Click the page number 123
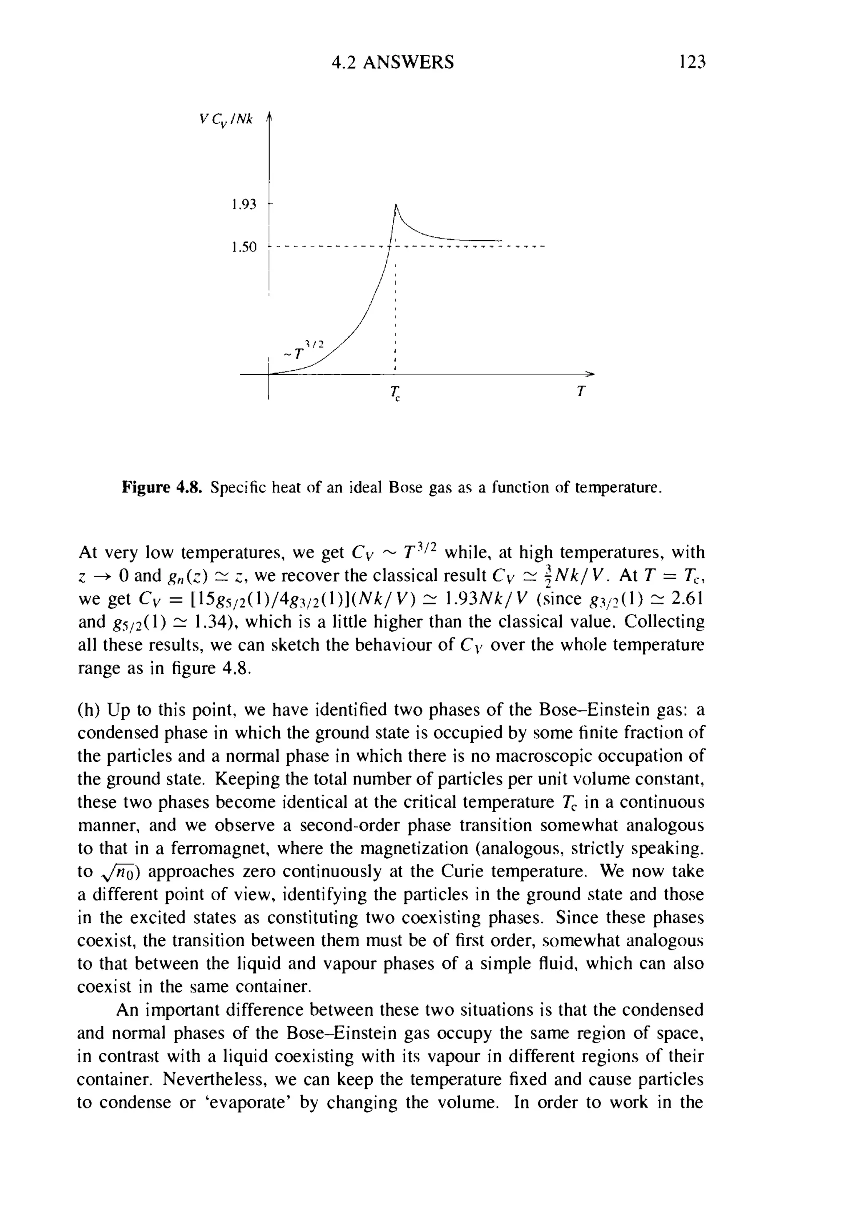(691, 62)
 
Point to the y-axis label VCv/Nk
(226, 120)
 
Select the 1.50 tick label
(243, 247)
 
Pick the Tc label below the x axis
(395, 393)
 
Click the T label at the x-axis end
(580, 392)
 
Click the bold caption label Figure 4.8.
(162, 488)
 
